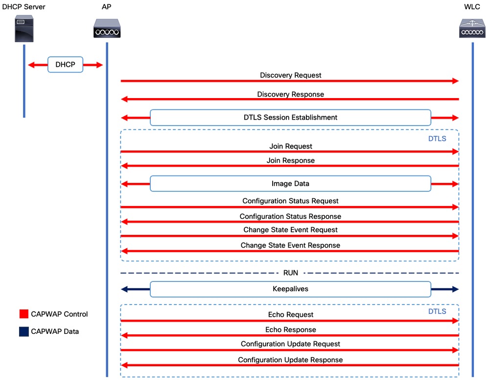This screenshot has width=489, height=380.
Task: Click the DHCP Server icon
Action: [x=24, y=28]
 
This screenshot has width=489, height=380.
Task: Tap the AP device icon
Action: [x=107, y=28]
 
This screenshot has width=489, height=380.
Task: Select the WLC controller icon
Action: [x=472, y=28]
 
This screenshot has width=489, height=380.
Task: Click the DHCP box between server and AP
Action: [x=65, y=65]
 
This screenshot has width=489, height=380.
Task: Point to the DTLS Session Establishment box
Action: [x=290, y=118]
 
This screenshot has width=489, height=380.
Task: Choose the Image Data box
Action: [x=290, y=183]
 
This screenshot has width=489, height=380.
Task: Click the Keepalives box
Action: [x=290, y=289]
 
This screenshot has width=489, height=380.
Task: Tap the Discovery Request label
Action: [x=290, y=76]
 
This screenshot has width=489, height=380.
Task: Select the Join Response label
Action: [x=290, y=161]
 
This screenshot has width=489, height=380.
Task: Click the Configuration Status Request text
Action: [x=290, y=201]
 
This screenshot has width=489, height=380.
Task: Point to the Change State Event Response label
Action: [x=290, y=245]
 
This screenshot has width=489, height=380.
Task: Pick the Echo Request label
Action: [x=290, y=315]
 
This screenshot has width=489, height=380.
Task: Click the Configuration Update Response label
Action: [x=290, y=360]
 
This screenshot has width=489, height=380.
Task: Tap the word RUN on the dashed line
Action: [x=290, y=273]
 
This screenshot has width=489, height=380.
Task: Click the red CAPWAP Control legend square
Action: [x=24, y=314]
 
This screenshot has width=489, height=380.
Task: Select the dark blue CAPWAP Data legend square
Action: [x=24, y=331]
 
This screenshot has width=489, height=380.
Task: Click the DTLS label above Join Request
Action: [x=437, y=139]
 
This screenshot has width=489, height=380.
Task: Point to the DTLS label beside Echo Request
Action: [x=437, y=311]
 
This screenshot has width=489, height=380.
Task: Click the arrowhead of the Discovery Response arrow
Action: [x=124, y=99]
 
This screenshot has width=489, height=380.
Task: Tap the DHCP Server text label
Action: [x=23, y=7]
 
